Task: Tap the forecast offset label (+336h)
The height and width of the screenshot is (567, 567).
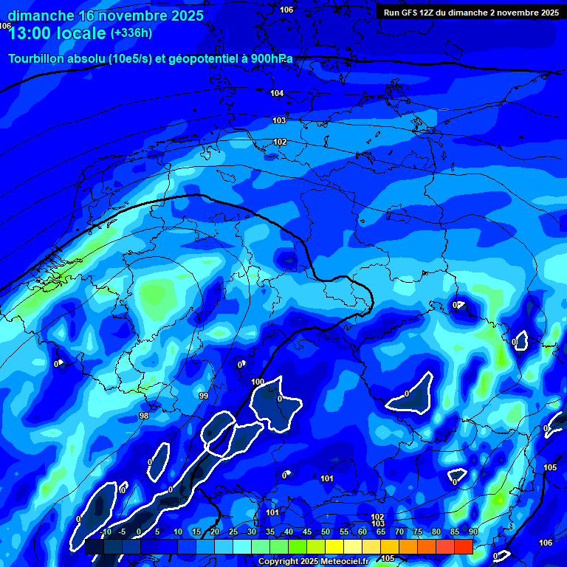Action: coord(131,33)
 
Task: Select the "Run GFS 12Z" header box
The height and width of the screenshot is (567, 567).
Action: coord(470,12)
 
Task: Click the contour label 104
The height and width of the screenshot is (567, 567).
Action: coord(278,93)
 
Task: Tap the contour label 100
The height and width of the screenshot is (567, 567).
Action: coord(258,382)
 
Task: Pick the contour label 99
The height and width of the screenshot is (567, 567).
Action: coord(204,396)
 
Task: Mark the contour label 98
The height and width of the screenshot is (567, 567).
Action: coord(144,416)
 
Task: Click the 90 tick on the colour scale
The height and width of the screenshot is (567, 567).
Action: coord(472,532)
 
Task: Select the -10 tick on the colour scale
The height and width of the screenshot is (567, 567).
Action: coord(105,532)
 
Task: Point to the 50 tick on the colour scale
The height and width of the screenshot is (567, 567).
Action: coord(326,532)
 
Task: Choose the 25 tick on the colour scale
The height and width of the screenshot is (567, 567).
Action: coord(233,532)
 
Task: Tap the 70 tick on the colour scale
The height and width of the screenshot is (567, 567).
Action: coord(399,532)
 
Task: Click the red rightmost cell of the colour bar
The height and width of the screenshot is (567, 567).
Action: coord(464,546)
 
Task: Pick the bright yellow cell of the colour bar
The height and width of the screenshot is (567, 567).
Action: coord(334,546)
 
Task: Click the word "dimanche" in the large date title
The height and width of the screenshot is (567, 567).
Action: coord(41,16)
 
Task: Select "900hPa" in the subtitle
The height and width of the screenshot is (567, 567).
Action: coord(269,59)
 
